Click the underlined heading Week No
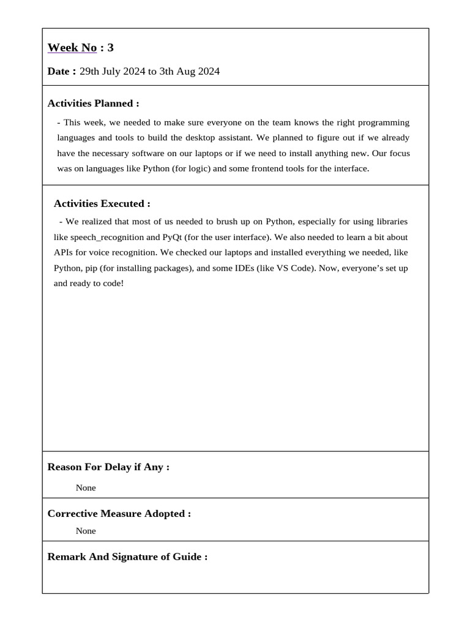click(72, 48)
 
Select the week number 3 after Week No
click(111, 48)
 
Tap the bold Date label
click(62, 72)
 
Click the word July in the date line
click(111, 72)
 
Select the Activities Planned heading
click(93, 103)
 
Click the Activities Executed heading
click(102, 204)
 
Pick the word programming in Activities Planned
click(382, 122)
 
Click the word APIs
click(64, 252)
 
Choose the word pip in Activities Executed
click(90, 268)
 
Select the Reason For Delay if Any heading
click(108, 467)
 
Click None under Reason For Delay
click(86, 488)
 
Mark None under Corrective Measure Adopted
click(86, 531)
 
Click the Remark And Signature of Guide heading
click(127, 557)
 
